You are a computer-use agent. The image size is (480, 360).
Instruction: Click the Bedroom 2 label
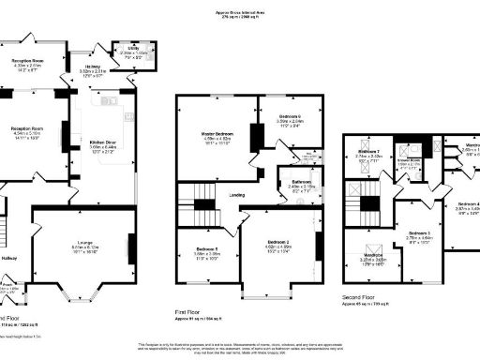tap(281, 247)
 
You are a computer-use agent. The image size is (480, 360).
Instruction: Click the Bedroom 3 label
tap(418, 232)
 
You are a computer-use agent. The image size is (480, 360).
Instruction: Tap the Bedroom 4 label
tap(468, 204)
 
